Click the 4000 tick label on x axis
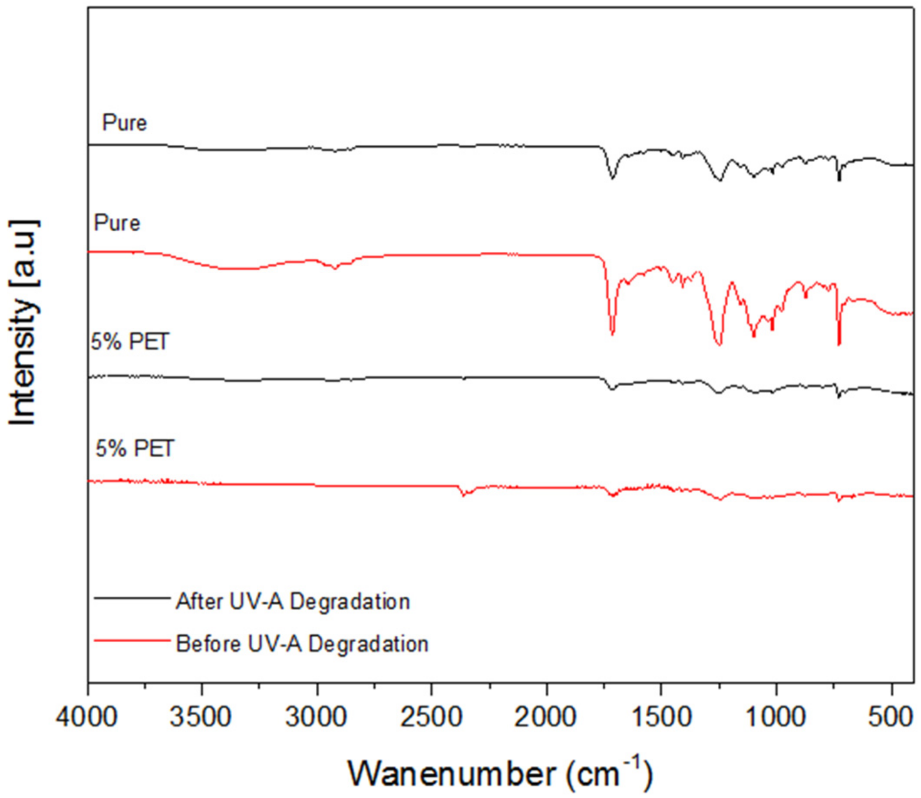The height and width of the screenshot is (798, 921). pyautogui.click(x=87, y=718)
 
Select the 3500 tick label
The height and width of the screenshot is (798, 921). pyautogui.click(x=201, y=718)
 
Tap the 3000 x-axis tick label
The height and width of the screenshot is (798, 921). pyautogui.click(x=317, y=718)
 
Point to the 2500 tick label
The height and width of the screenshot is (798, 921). pyautogui.click(x=431, y=718)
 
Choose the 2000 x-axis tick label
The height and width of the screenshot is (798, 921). pyautogui.click(x=546, y=718)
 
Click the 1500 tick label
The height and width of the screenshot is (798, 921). pyautogui.click(x=661, y=718)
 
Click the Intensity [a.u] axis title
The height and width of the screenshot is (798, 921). pyautogui.click(x=22, y=323)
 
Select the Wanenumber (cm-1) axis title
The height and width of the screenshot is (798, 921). pyautogui.click(x=500, y=774)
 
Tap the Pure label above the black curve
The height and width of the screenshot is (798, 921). pyautogui.click(x=124, y=123)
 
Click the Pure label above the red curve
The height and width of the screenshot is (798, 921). pyautogui.click(x=117, y=223)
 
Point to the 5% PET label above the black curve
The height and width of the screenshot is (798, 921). pyautogui.click(x=130, y=342)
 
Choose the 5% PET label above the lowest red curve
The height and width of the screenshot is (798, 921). pyautogui.click(x=135, y=448)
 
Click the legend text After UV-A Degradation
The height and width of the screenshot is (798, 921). pyautogui.click(x=293, y=601)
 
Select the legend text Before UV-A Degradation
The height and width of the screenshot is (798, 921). pyautogui.click(x=302, y=644)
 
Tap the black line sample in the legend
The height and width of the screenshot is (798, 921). pyautogui.click(x=132, y=598)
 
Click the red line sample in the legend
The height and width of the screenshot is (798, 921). pyautogui.click(x=132, y=641)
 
